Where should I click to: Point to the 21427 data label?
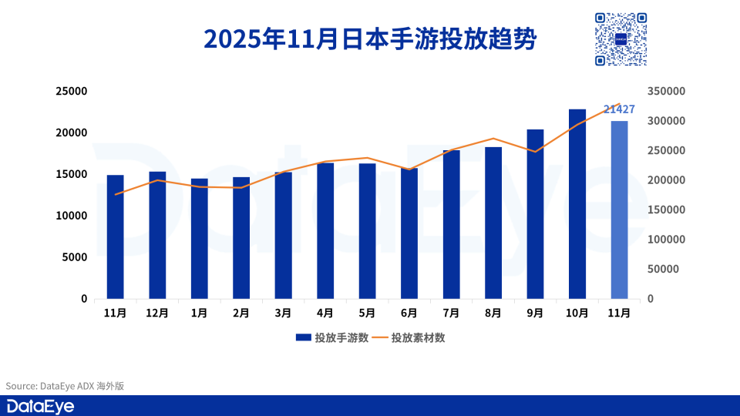(x=619, y=109)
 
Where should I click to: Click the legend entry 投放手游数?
(x=331, y=337)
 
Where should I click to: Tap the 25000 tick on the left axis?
(x=72, y=91)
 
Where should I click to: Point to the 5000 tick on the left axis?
(x=75, y=257)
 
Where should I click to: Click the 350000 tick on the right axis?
(x=666, y=91)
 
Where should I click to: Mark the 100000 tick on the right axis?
(x=666, y=240)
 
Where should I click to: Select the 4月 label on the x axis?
(x=325, y=314)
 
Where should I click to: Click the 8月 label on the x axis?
(x=493, y=314)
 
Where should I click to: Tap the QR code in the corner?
(x=620, y=39)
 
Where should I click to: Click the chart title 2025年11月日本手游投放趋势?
(x=369, y=39)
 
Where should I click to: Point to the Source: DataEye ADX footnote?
(x=65, y=386)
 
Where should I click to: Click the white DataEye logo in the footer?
(x=40, y=406)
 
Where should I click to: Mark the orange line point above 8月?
(x=493, y=139)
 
